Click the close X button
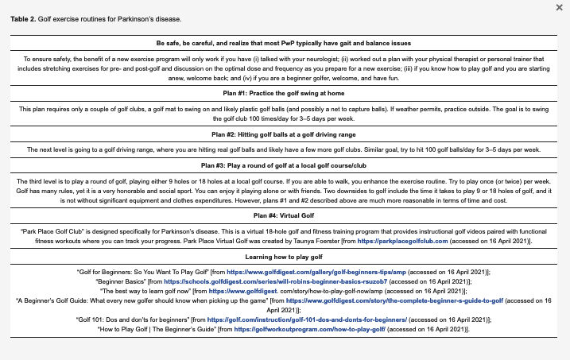pos(558,7)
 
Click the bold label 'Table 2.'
pos(24,18)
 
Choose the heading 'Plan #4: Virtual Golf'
pos(284,215)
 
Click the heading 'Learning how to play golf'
pos(284,257)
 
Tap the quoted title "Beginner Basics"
pos(121,281)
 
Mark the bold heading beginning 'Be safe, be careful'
pos(284,41)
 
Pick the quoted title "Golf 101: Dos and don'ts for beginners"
pos(131,318)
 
